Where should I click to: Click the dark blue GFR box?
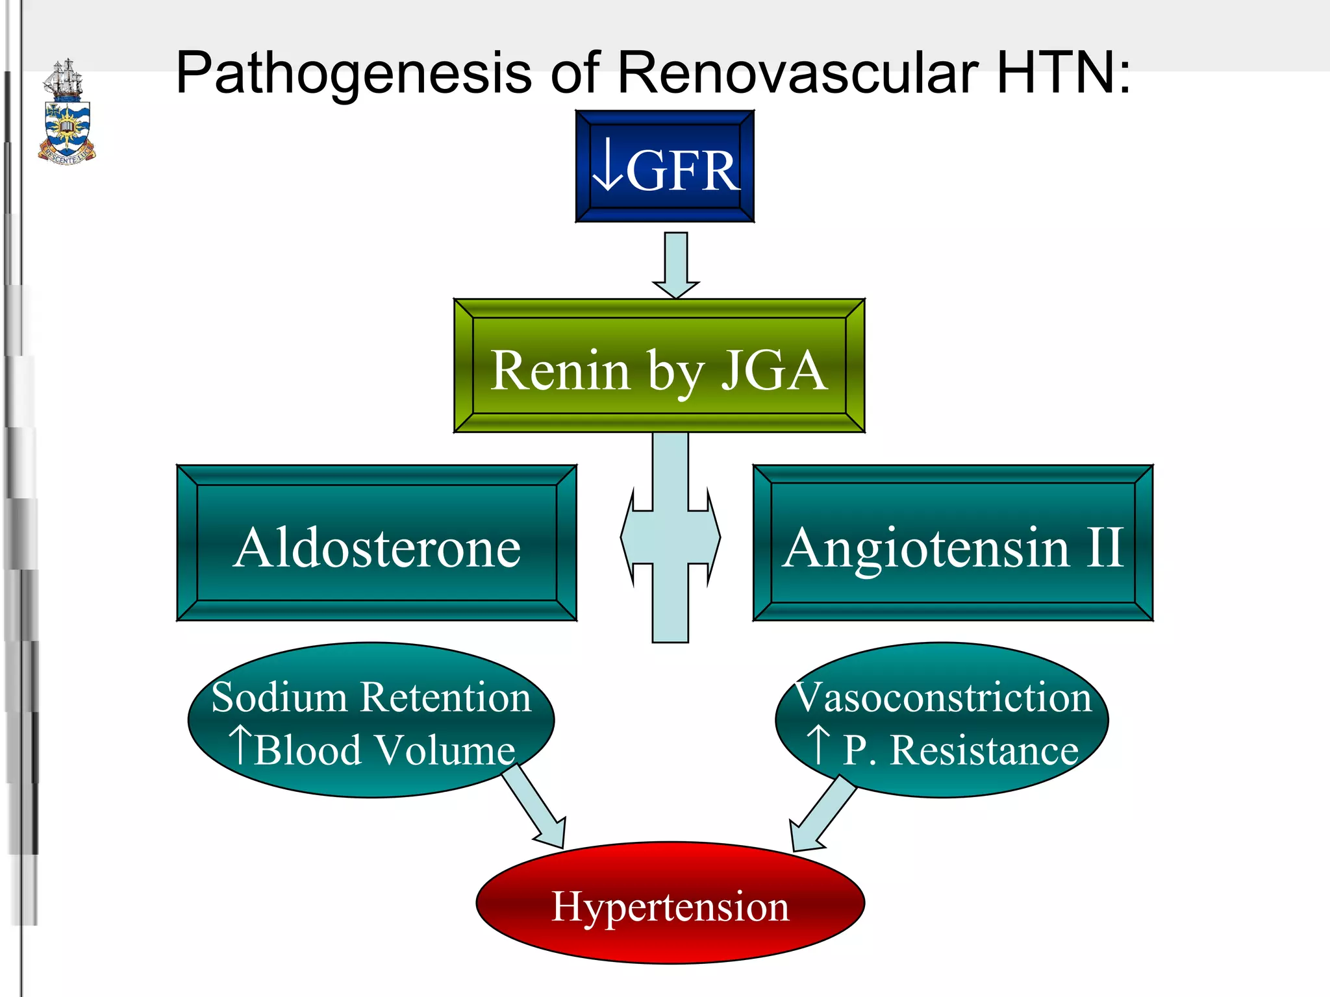(664, 166)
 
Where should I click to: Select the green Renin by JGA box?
(659, 366)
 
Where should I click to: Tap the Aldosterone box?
(377, 543)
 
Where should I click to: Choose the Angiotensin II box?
(953, 543)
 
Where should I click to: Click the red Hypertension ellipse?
(670, 904)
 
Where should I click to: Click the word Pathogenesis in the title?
(354, 73)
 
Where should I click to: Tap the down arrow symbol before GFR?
(609, 166)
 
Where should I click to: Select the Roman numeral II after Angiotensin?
(1104, 547)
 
